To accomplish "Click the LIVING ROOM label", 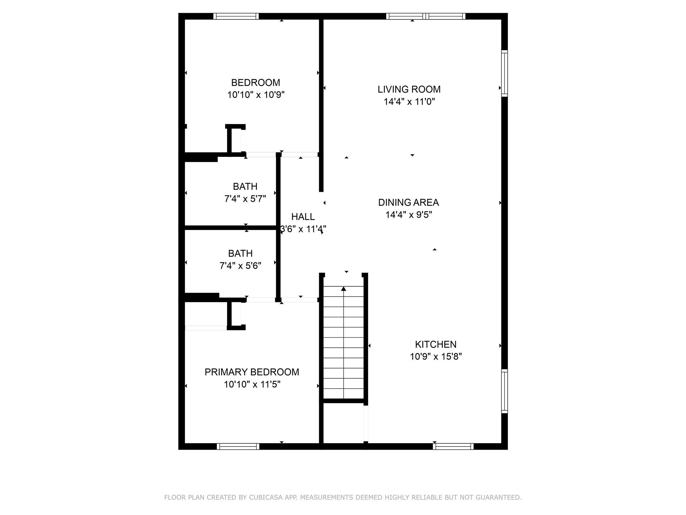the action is point(409,89).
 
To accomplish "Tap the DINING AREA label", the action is point(408,202).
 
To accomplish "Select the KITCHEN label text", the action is point(435,344).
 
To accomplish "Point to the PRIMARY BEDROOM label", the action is point(252,372).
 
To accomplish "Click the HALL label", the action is point(303,217).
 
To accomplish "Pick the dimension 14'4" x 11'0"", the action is point(409,102).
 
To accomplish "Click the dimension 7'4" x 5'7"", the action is point(245,199).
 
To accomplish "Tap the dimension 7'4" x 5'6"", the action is point(240,266).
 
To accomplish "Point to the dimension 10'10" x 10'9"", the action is point(256,95).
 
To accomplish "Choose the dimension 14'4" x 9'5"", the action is point(409,215).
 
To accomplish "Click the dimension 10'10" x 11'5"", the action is point(252,384).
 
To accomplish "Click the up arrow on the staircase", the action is point(344,289).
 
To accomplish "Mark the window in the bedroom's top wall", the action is point(236,16).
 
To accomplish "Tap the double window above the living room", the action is point(426,16).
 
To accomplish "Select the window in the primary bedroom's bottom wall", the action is point(238,446).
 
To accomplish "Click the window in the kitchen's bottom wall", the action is point(453,446).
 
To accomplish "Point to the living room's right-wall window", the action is point(504,73).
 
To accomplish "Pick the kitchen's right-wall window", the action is point(504,391).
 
